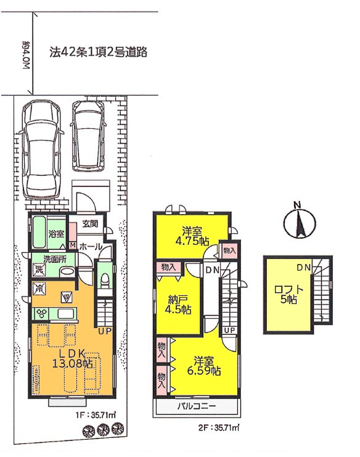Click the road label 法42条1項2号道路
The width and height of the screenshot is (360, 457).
(98, 52)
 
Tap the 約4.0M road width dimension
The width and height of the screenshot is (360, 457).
(26, 54)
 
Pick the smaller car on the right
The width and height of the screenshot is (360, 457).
(88, 136)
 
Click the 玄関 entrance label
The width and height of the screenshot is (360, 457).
(90, 224)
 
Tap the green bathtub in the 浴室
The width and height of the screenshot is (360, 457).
(40, 233)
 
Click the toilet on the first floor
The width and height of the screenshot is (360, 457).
(104, 282)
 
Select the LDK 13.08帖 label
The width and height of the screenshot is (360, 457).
(72, 358)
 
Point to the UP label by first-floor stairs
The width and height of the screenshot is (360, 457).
(104, 331)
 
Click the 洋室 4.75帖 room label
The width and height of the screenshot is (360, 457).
(192, 236)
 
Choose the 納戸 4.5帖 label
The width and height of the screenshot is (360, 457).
(178, 305)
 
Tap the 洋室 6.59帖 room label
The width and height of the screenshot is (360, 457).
(203, 366)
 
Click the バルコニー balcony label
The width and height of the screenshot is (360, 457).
(197, 406)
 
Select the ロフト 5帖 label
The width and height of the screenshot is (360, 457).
(288, 294)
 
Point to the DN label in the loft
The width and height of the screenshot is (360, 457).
(303, 268)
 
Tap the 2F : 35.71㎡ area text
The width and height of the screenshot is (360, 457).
(218, 428)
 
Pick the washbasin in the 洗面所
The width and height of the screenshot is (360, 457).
(67, 272)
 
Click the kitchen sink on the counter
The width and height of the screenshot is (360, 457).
(67, 314)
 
